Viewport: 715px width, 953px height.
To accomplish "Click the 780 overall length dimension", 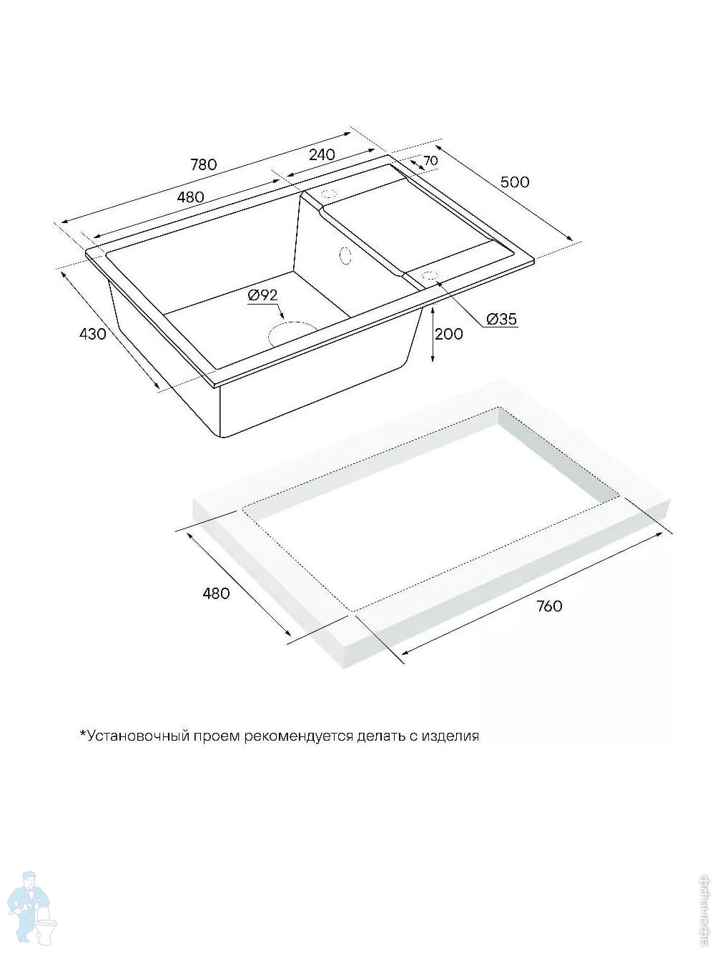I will pyautogui.click(x=203, y=164).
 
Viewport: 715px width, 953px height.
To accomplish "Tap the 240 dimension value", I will pyautogui.click(x=322, y=154).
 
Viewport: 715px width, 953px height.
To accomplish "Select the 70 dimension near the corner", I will pyautogui.click(x=430, y=161).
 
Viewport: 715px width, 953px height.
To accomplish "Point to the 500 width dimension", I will pyautogui.click(x=515, y=182).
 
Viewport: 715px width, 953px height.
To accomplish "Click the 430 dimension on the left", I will pyautogui.click(x=93, y=333).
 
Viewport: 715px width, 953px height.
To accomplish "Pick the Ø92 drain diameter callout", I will pyautogui.click(x=262, y=295).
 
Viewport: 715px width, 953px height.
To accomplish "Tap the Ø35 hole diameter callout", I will pyautogui.click(x=501, y=320).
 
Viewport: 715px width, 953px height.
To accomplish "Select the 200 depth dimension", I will pyautogui.click(x=449, y=333).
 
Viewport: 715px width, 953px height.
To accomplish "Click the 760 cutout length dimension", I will pyautogui.click(x=549, y=606).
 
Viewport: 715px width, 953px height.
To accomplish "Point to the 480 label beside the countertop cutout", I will pyautogui.click(x=216, y=593).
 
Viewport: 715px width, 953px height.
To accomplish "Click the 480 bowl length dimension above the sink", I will pyautogui.click(x=190, y=197).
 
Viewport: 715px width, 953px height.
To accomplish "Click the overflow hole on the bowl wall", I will pyautogui.click(x=345, y=255).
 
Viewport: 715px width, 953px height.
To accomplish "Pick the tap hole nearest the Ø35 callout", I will pyautogui.click(x=430, y=275).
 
